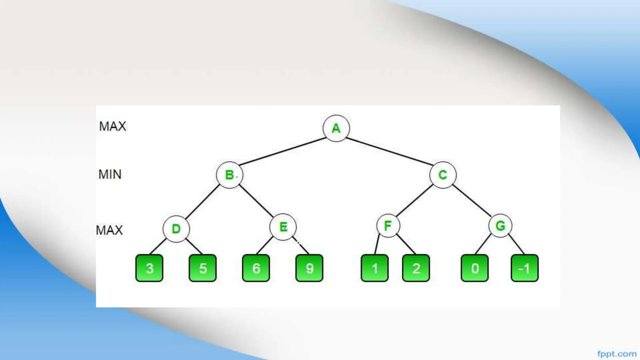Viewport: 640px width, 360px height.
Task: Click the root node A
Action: point(336,128)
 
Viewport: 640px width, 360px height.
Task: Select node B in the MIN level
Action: point(229,175)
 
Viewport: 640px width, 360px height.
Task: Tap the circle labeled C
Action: point(442,175)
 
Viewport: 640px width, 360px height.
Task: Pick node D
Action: point(176,229)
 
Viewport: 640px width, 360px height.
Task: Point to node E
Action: point(283,227)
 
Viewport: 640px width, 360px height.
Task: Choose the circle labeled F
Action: point(388,226)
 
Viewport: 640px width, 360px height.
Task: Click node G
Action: point(500,226)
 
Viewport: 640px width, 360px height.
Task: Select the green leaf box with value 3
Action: point(149,268)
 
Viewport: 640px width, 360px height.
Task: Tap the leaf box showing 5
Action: point(202,268)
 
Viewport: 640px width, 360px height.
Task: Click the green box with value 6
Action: point(256,268)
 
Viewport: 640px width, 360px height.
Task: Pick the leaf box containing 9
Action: point(309,268)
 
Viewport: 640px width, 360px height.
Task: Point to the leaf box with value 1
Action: point(374,268)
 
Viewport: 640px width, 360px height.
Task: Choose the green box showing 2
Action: point(416,268)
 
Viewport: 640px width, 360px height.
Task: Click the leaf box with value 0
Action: point(474,268)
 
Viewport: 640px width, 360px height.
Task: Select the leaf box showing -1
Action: point(524,268)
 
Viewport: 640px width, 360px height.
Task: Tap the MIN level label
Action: point(110,174)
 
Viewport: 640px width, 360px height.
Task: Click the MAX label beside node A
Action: point(112,126)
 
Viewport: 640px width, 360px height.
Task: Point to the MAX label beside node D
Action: point(109,230)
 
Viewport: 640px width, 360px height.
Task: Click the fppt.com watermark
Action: point(617,354)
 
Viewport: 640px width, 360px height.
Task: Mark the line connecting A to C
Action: point(389,151)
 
